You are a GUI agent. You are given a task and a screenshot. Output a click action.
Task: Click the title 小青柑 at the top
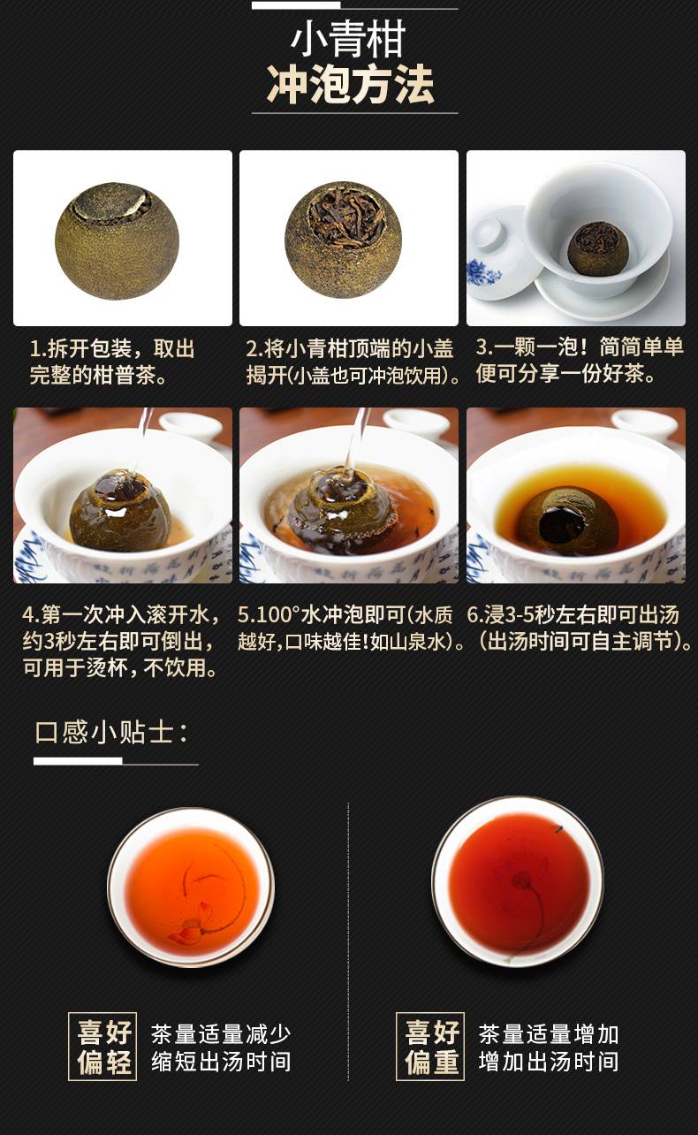click(348, 39)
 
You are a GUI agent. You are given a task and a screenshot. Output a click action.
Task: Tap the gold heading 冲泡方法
click(351, 85)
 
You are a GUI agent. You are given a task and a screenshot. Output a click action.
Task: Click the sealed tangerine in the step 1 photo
click(117, 240)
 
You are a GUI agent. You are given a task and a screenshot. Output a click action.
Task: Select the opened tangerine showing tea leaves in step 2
click(344, 240)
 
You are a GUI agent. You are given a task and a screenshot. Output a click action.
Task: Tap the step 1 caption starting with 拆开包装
click(112, 362)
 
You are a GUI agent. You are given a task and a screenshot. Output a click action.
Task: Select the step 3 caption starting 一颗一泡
click(580, 361)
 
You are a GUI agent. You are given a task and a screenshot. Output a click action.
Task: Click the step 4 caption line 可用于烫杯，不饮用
click(120, 668)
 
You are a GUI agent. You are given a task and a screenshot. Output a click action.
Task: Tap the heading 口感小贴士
click(111, 732)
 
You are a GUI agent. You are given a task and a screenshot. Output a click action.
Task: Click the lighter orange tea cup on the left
click(191, 887)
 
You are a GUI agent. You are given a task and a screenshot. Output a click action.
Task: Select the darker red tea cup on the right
click(518, 881)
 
